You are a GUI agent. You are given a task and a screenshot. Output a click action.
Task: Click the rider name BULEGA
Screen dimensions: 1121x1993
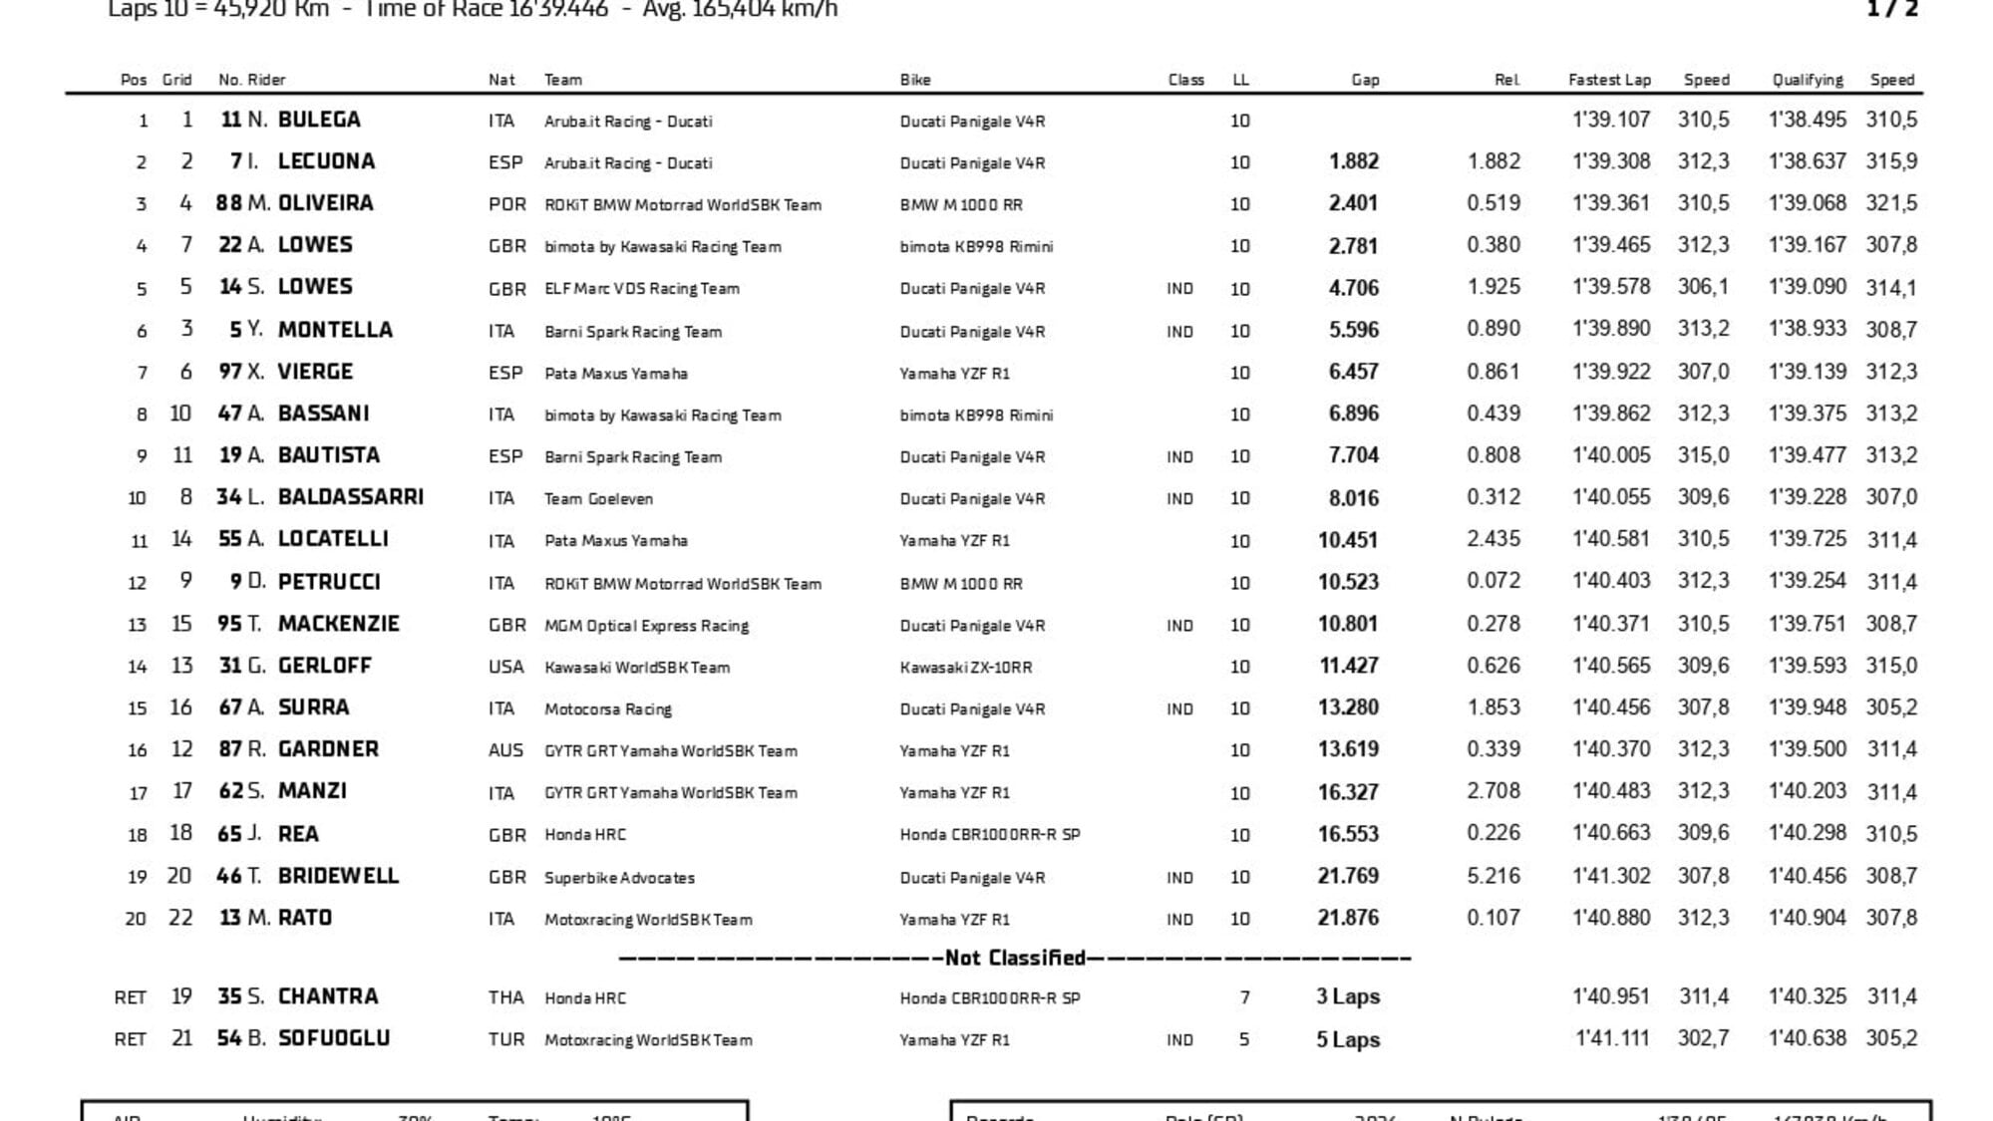(318, 120)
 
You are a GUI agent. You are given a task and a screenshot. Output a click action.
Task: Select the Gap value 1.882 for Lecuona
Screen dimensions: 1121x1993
(1353, 161)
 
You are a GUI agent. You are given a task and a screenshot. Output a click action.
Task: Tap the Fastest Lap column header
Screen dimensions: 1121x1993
(1608, 80)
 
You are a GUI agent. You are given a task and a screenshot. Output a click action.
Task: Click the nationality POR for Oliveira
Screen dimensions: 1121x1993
(506, 204)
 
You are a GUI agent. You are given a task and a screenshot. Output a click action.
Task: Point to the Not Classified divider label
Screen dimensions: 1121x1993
(1015, 958)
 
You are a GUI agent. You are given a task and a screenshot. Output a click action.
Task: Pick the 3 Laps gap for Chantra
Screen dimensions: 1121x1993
(1347, 996)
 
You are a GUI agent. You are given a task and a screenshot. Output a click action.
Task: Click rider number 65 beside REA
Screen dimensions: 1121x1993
(229, 833)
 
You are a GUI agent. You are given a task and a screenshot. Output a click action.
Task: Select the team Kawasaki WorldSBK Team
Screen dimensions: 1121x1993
(636, 667)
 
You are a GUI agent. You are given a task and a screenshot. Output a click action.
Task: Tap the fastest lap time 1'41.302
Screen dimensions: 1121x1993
(1610, 876)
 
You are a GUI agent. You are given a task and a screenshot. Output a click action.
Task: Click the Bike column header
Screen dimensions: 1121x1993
(914, 80)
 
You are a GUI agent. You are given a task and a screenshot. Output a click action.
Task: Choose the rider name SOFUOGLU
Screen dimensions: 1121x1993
(333, 1038)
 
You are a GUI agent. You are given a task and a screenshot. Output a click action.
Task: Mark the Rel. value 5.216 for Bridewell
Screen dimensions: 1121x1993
(1493, 876)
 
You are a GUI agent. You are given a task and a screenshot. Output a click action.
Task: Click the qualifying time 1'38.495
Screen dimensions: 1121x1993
(1807, 120)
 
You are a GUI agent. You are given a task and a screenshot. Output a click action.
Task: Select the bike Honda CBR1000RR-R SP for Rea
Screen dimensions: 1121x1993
(989, 834)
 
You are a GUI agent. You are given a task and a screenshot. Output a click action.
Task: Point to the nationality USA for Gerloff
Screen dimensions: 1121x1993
(505, 667)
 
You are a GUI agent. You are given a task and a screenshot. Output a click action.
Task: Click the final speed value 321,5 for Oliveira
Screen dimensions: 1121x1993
(1891, 203)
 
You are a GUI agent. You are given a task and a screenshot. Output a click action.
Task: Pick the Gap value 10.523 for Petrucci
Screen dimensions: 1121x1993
(1348, 582)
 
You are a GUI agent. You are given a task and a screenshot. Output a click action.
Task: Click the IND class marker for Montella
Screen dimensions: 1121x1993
(1179, 331)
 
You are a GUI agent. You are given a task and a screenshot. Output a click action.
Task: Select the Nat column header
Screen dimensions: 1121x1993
(501, 80)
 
